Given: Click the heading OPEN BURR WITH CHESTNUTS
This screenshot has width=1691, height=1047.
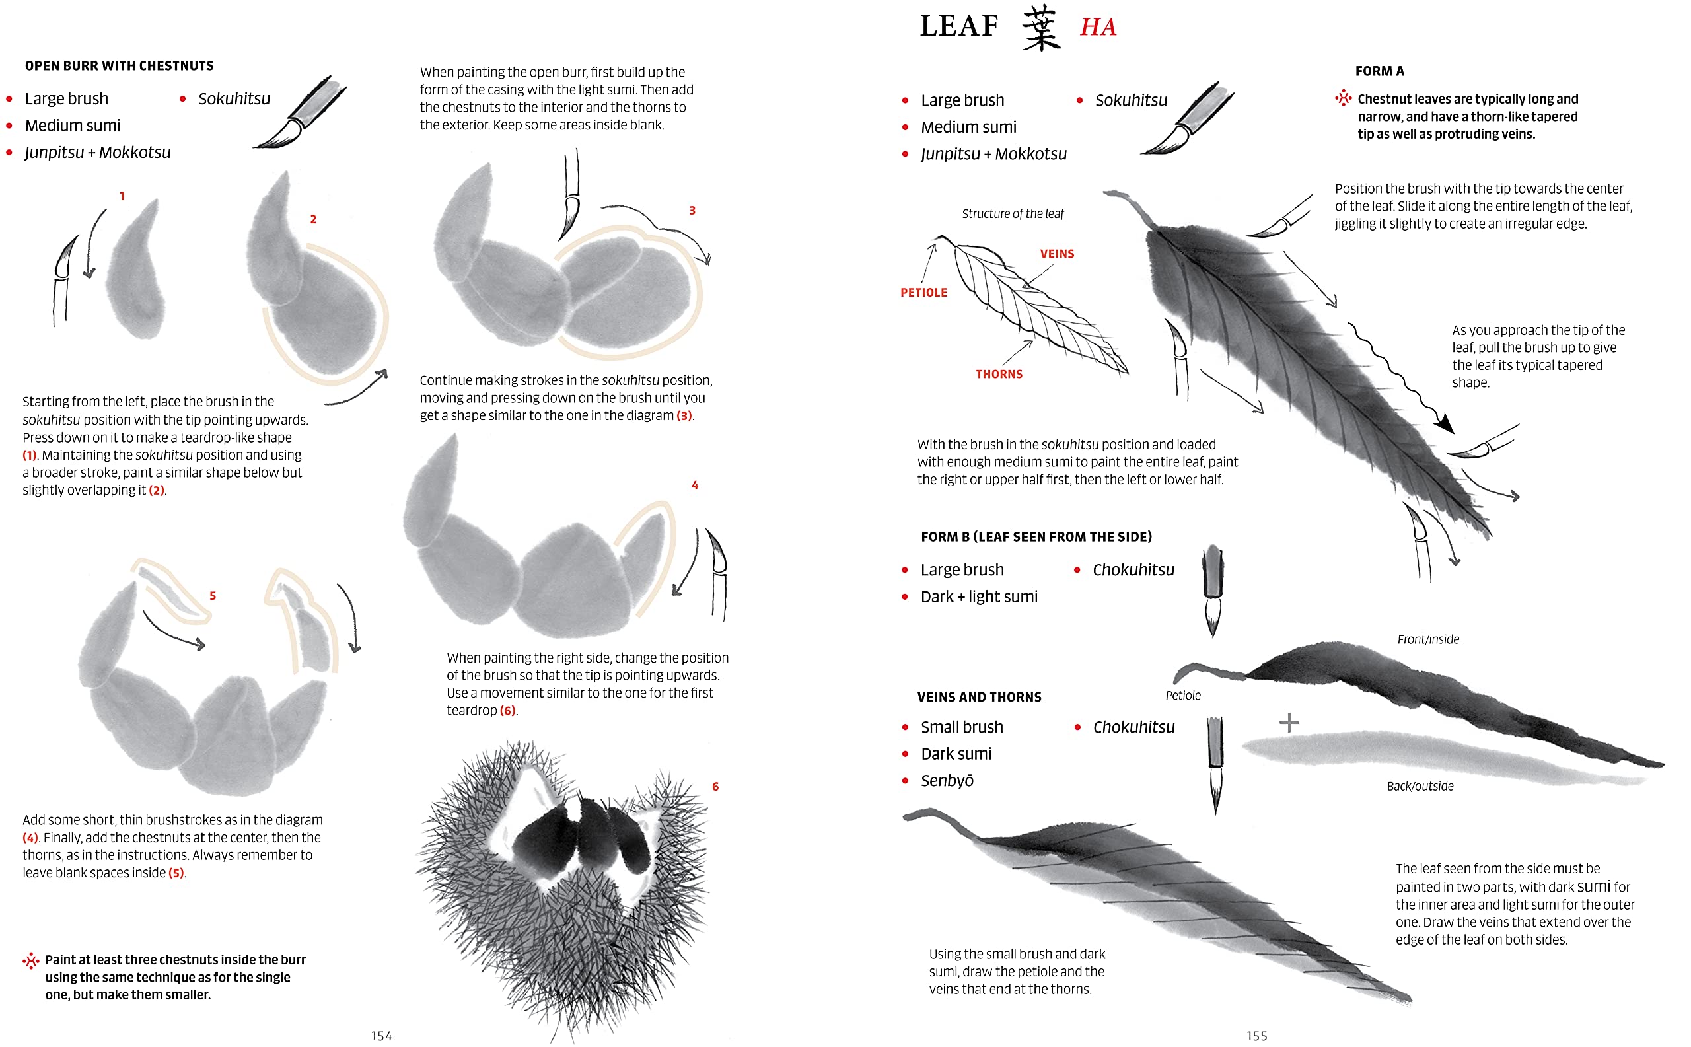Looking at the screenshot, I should coord(119,66).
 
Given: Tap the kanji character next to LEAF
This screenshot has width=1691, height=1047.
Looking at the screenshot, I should coord(1041,28).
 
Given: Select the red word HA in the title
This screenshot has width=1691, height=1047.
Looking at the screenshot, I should coord(1098,28).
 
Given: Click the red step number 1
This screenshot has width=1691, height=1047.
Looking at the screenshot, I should coord(122,196).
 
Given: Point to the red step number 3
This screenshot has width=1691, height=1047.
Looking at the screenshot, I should coord(692,211).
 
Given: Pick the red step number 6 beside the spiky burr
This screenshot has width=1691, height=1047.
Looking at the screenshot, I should coord(715,787).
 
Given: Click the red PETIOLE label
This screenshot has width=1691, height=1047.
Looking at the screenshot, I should coord(923,293).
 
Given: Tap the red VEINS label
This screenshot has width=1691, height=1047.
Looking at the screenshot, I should coord(1057,254).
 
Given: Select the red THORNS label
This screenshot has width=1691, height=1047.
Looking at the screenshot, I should coord(999,375).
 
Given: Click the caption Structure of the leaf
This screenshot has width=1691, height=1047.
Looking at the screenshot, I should coord(1013,214).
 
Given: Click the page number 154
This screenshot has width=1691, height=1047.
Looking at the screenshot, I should coord(381,1036).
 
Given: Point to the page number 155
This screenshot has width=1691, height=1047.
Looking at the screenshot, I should coord(1256,1036).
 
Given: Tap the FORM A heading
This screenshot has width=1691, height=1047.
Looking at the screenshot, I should coord(1379,71).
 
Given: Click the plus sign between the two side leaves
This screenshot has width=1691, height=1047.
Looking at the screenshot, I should coord(1289,723).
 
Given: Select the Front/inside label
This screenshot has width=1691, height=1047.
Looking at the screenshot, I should coord(1427,640).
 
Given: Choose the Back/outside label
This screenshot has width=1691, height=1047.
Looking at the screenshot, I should coord(1420,786).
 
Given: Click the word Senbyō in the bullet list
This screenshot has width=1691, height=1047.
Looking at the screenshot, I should coord(947,781).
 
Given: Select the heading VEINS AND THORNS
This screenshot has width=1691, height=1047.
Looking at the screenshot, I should coord(978,698).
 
